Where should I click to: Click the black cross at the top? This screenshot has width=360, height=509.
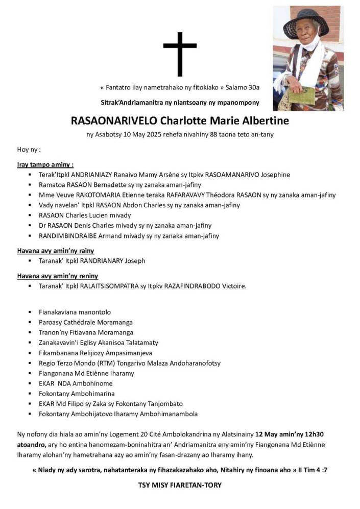(180, 54)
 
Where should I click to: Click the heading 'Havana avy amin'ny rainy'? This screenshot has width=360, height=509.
(55, 251)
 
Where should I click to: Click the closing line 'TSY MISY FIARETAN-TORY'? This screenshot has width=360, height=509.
(180, 485)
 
